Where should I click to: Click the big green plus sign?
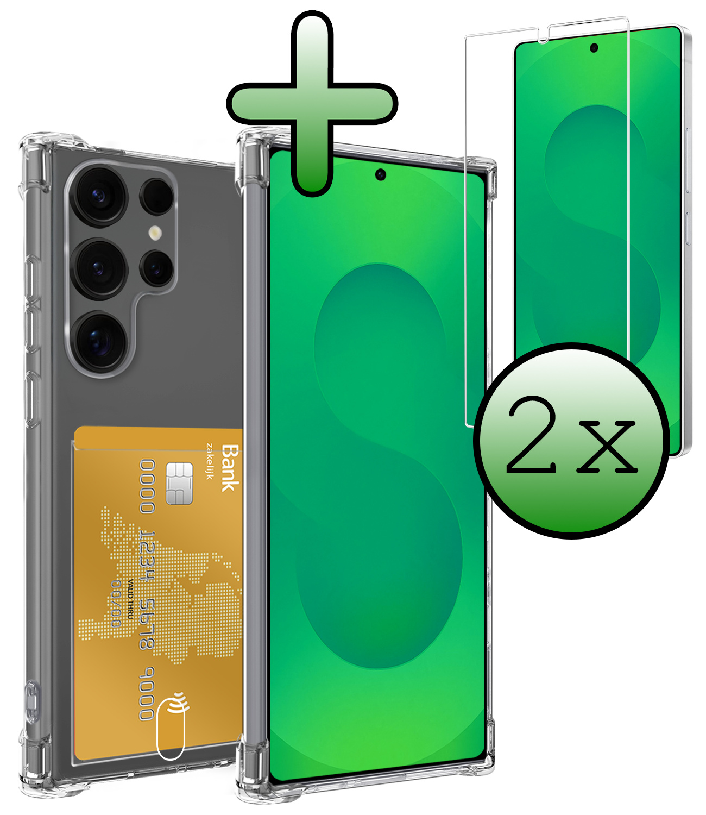click(x=312, y=103)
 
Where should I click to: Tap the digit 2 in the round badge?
click(x=531, y=435)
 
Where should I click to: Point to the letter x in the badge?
click(x=607, y=447)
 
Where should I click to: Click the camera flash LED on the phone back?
click(x=155, y=233)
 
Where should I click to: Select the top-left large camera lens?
click(x=100, y=196)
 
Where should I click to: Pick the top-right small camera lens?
click(x=156, y=197)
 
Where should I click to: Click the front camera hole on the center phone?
click(x=381, y=174)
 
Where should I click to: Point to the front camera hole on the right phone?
click(x=594, y=48)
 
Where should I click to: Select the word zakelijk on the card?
click(x=210, y=461)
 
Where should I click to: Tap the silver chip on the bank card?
click(x=179, y=484)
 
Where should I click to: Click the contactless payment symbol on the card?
click(x=180, y=703)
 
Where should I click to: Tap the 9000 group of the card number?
click(x=147, y=693)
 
